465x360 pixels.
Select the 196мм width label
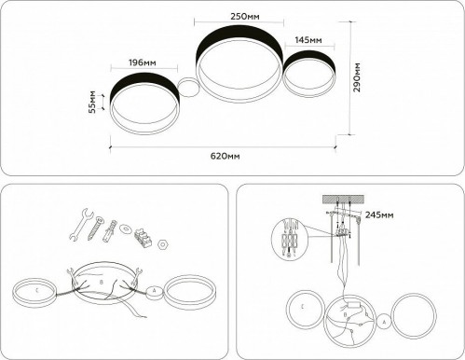[142, 62]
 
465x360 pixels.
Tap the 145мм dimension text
[308, 41]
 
